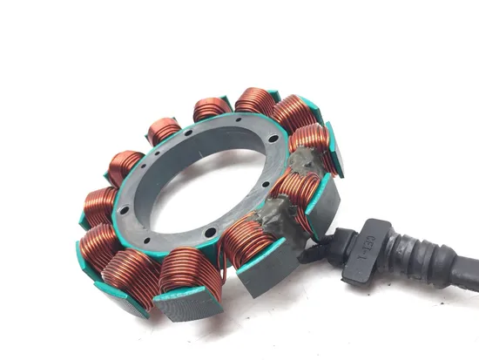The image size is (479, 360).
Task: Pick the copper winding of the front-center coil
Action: click(187, 270)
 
